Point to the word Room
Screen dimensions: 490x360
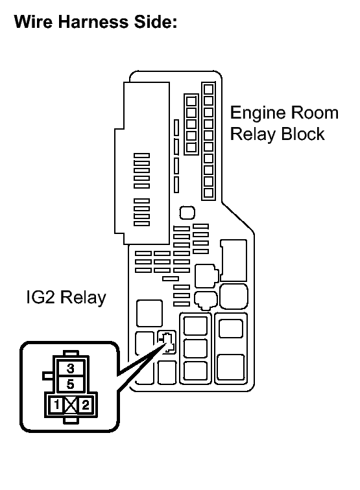pyautogui.click(x=315, y=113)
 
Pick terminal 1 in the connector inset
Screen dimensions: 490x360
pyautogui.click(x=57, y=406)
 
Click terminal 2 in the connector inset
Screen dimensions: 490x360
pyautogui.click(x=85, y=406)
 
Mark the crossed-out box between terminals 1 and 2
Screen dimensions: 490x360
pyautogui.click(x=71, y=406)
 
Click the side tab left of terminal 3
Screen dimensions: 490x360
pyautogui.click(x=46, y=375)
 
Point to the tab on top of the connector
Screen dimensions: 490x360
pyautogui.click(x=71, y=354)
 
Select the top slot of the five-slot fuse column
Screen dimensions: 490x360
pyautogui.click(x=191, y=100)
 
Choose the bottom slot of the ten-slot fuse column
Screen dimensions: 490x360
pyautogui.click(x=208, y=192)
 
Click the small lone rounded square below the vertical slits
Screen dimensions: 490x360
pyautogui.click(x=186, y=212)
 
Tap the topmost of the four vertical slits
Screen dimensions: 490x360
pyautogui.click(x=176, y=127)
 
